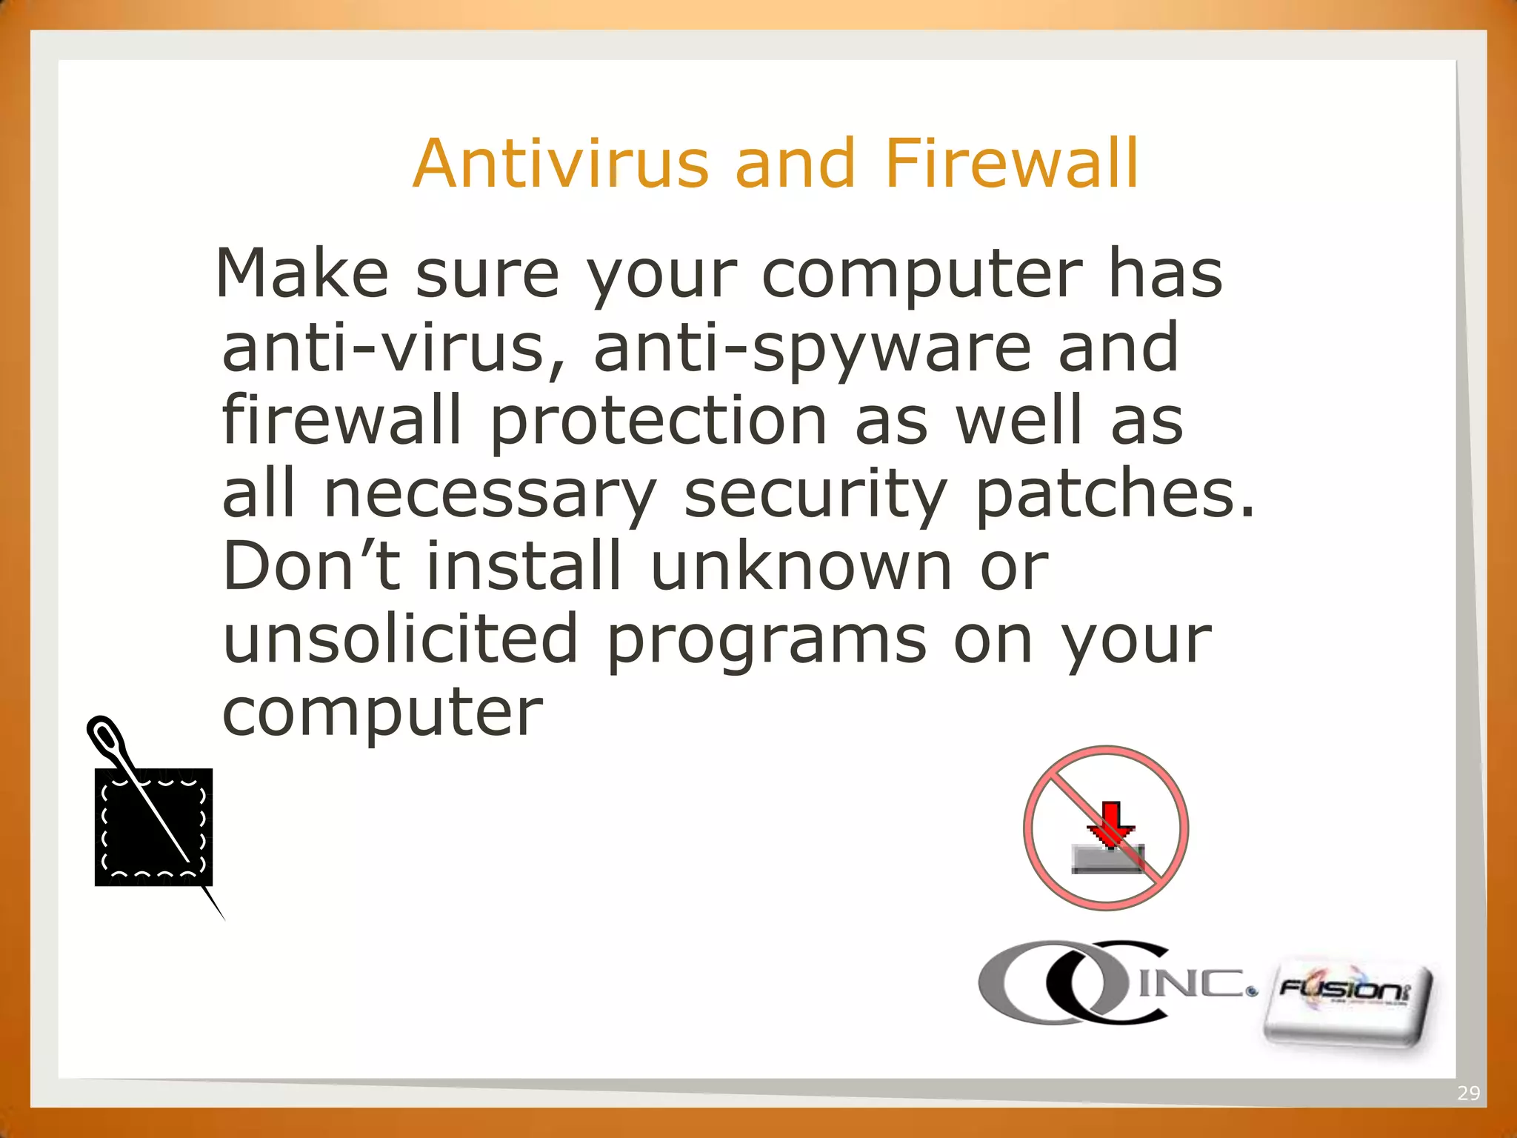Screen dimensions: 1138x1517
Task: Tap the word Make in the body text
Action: coord(301,274)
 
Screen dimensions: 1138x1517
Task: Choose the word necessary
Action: coord(490,495)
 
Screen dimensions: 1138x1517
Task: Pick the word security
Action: coord(815,495)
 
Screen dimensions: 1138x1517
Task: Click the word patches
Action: coord(1115,495)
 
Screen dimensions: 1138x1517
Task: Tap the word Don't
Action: coord(311,566)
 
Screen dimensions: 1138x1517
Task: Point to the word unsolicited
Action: coord(400,639)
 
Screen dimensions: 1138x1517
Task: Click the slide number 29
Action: coord(1468,1094)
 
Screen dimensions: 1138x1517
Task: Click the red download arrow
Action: coord(1110,821)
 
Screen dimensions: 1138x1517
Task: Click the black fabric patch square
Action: coord(153,827)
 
